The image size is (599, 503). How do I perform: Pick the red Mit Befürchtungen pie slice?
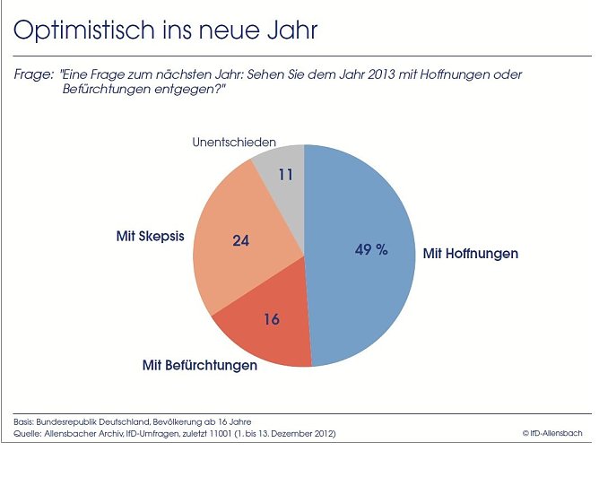[x=265, y=336]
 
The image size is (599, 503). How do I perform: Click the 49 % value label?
[x=371, y=250]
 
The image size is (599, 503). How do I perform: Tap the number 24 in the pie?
[x=240, y=240]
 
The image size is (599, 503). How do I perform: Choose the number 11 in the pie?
[x=286, y=174]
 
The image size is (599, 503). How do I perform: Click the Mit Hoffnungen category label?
[x=470, y=254]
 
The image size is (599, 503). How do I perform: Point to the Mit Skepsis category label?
[x=150, y=236]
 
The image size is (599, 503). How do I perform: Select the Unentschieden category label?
[x=234, y=143]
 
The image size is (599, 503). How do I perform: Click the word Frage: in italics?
[x=33, y=75]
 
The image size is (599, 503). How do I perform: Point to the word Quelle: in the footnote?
[x=26, y=434]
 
